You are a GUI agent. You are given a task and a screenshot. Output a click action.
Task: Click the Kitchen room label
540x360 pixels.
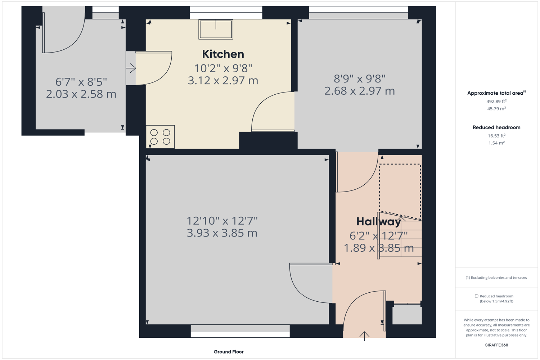point(223,54)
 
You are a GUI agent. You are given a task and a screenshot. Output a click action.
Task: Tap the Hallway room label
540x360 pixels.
point(378,222)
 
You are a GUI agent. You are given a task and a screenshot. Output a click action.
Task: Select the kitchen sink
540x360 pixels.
point(216,29)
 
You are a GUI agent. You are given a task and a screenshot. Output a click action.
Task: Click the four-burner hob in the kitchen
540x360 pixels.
point(160,137)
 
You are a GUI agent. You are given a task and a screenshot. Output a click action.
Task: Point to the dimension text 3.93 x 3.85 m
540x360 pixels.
point(222,233)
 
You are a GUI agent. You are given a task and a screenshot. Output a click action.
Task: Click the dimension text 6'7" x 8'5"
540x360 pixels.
point(81,82)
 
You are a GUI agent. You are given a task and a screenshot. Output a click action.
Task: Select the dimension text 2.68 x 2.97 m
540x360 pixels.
point(359,91)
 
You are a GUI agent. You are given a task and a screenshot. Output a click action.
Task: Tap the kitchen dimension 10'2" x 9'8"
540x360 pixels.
point(223,68)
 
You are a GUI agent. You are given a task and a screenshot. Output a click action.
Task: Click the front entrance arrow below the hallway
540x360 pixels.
point(364,336)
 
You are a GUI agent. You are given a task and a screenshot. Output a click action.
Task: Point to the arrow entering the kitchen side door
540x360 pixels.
point(131,68)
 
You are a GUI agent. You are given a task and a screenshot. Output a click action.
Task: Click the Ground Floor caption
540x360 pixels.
point(229,352)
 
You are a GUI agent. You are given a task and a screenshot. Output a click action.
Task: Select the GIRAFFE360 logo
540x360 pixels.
point(496,345)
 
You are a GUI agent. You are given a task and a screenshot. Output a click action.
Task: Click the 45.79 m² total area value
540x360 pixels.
point(496,108)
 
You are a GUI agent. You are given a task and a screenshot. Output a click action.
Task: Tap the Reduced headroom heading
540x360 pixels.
point(496,127)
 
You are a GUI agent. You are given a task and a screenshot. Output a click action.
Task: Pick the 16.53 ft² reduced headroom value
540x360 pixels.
point(496,135)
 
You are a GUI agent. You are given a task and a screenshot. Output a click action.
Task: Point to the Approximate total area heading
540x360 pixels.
point(496,93)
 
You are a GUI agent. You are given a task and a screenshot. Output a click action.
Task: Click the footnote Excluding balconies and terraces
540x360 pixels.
point(496,278)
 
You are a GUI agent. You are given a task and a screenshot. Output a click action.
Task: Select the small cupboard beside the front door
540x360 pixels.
point(407,314)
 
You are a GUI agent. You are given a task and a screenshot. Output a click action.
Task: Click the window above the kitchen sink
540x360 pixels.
point(226,13)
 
